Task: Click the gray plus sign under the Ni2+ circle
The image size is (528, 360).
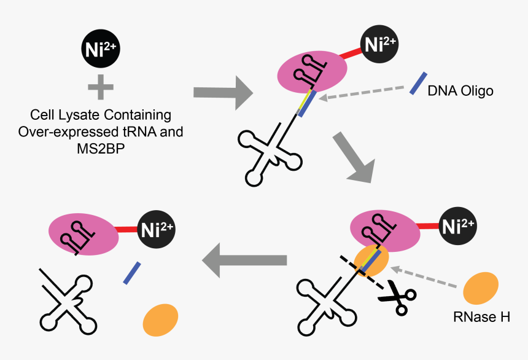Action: coord(101,87)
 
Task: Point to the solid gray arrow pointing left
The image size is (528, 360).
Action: coord(245,260)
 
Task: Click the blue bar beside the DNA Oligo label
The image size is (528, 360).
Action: coord(419,83)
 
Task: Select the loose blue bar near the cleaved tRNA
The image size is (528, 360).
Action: coord(132,273)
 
